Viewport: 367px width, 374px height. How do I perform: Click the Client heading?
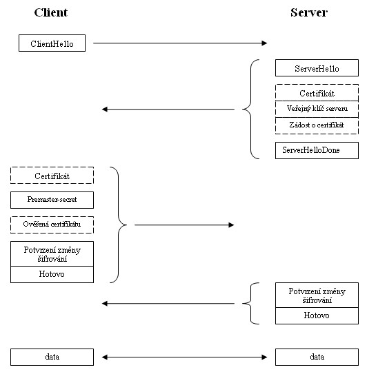pos(51,12)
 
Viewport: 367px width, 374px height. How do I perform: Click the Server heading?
pos(308,12)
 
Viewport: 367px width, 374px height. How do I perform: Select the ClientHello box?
pos(52,43)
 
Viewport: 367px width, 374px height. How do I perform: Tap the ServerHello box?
pos(317,68)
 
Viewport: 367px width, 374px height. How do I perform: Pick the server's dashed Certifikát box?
pos(317,92)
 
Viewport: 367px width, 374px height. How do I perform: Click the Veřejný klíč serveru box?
pos(317,109)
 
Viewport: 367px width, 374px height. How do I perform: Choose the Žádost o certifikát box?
pos(317,125)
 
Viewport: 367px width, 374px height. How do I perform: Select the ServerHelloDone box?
pos(317,151)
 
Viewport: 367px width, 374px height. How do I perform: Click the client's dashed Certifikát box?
pos(52,176)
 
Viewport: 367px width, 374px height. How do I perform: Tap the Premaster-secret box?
pos(52,200)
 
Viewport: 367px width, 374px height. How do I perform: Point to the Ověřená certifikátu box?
pos(52,225)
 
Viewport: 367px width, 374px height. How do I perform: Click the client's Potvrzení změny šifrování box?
pos(52,253)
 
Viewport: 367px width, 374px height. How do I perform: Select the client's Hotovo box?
pos(52,274)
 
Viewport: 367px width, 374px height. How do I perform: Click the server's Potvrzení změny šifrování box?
pos(317,295)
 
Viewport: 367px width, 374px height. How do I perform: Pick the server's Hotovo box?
pos(317,315)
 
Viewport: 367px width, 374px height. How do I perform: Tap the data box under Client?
pos(52,357)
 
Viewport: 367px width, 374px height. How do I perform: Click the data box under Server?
pos(317,357)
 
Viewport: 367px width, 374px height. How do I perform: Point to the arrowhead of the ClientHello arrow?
pos(267,43)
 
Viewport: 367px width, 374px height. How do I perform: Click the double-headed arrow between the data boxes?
pos(184,357)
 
